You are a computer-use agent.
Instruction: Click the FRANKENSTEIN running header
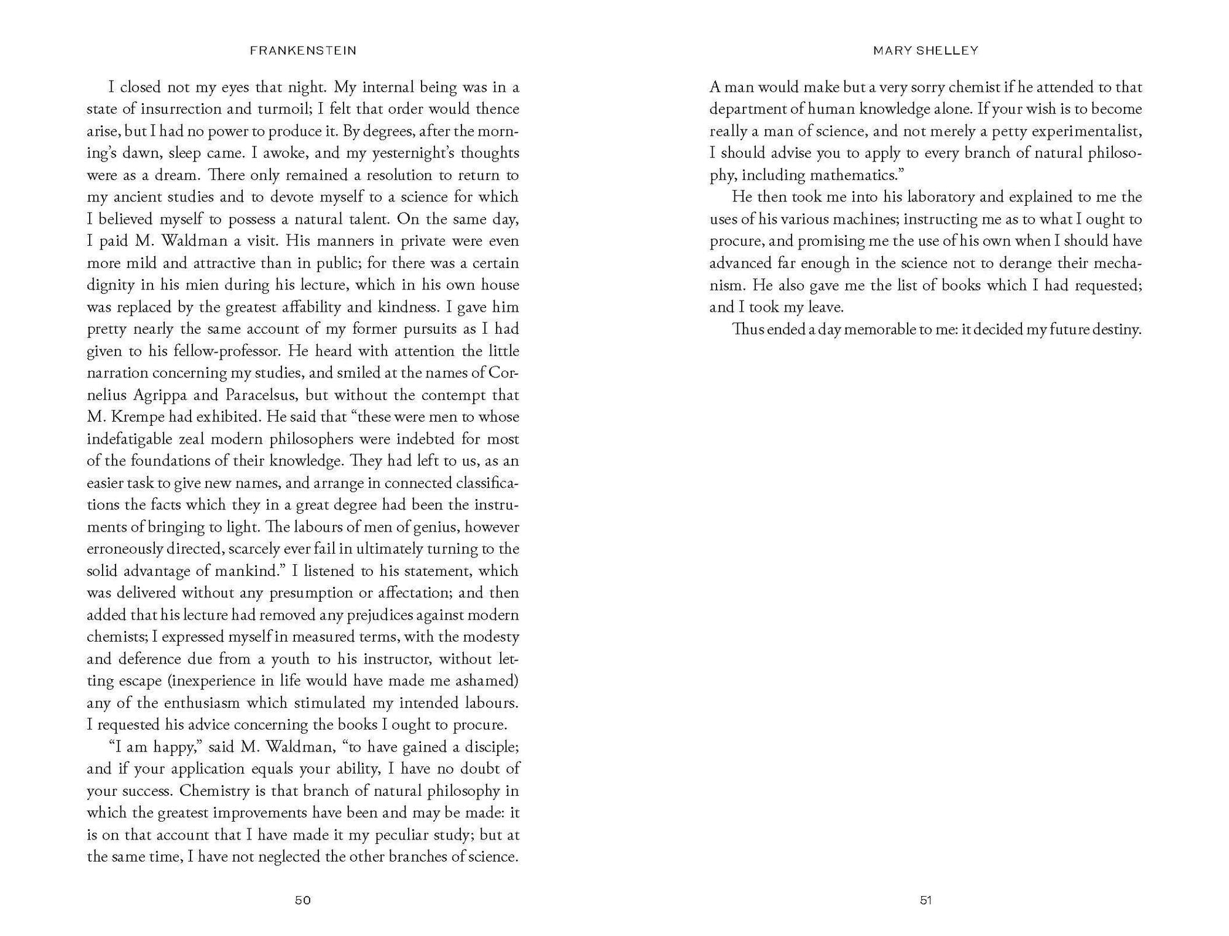303,51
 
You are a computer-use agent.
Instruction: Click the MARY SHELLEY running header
925,51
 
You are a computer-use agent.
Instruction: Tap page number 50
303,900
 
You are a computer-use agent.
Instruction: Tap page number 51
926,900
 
